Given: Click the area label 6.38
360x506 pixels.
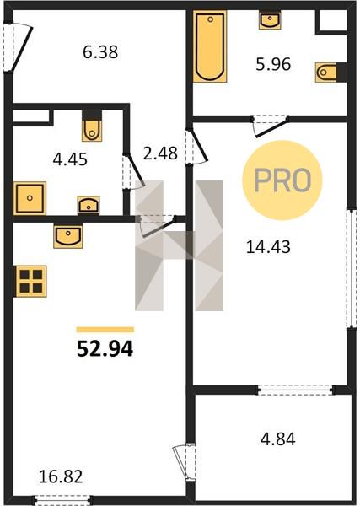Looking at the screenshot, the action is (x=100, y=52).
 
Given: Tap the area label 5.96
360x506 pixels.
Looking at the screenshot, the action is (x=273, y=64).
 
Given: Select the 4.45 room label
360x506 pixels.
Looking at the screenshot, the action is (x=70, y=159).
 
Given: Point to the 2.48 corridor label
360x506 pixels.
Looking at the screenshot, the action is (x=160, y=153).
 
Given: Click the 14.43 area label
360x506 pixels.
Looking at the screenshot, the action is (x=268, y=247).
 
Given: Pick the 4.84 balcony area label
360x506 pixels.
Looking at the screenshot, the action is (x=277, y=439).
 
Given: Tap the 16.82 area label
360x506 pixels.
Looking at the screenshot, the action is (x=61, y=476).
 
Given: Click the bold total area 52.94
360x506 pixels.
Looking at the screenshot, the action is (x=105, y=349).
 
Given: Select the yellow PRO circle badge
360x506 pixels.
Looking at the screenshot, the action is (x=282, y=180).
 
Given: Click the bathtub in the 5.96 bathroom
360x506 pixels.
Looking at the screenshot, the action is (x=210, y=46).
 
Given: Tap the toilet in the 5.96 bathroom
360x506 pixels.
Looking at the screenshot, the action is (x=326, y=72).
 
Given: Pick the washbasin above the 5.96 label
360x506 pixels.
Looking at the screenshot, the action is (x=270, y=20).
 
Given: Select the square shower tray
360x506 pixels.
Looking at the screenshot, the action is (x=30, y=198).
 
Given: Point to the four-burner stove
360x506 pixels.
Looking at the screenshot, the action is (x=31, y=281).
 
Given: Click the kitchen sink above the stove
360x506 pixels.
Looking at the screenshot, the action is (x=68, y=236).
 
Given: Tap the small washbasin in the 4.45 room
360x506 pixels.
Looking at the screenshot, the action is (x=89, y=205).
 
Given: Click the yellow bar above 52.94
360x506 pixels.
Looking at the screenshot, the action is (x=105, y=330).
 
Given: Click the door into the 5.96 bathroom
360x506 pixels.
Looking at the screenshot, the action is (x=270, y=126).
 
